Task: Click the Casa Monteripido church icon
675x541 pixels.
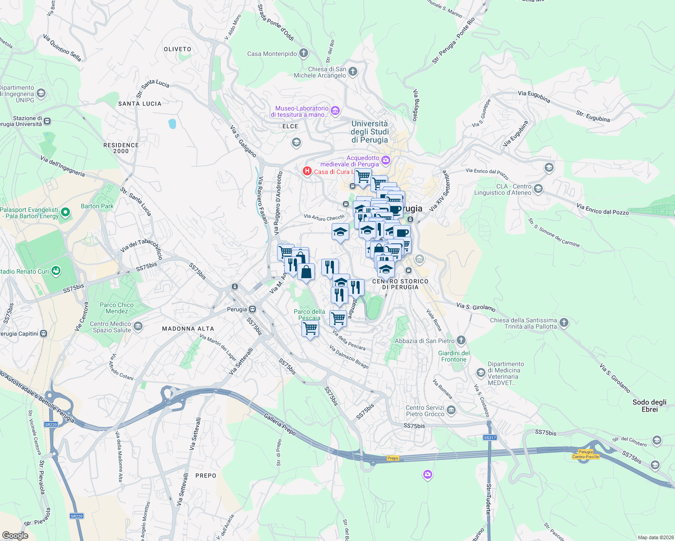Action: click(304, 53)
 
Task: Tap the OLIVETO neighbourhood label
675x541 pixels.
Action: click(177, 49)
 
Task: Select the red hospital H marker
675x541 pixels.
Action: click(307, 171)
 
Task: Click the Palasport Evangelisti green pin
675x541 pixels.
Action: click(65, 212)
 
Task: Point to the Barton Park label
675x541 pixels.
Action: click(97, 206)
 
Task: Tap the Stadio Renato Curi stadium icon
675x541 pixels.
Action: click(56, 271)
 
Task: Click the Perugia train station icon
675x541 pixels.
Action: click(253, 309)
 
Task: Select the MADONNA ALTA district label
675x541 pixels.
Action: click(188, 329)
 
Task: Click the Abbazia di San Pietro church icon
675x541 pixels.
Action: click(461, 340)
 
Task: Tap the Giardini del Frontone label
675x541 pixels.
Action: click(454, 356)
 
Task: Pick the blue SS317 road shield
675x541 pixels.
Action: click(490, 437)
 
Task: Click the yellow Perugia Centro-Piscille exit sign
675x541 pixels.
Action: click(586, 454)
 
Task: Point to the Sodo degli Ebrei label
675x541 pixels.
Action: click(649, 406)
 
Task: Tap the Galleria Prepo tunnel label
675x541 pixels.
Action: click(280, 424)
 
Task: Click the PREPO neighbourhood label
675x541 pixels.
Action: click(206, 476)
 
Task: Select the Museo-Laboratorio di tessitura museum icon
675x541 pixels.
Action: click(335, 110)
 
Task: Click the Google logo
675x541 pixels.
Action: click(15, 536)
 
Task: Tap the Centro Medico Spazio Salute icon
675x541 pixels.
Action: click(138, 326)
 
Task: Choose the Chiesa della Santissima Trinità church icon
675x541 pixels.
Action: click(564, 322)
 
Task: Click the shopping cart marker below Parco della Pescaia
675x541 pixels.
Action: click(310, 329)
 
